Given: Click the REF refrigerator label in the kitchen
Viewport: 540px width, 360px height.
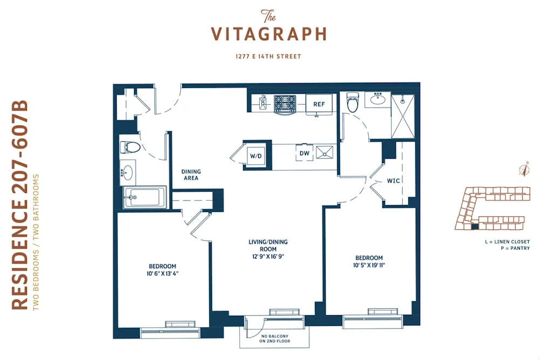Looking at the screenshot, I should coord(319,104).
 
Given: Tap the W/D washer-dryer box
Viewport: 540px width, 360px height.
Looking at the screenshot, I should coord(255,156).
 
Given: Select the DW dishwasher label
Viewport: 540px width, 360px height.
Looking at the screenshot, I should coord(304,153).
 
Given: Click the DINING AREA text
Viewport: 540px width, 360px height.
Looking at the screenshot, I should coord(191,175).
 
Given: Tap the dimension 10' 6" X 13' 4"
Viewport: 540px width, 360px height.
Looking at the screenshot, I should coord(163,274).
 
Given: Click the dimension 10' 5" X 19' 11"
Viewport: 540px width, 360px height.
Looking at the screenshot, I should coord(369,266).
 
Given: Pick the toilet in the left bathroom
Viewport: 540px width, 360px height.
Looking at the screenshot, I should coord(130,147).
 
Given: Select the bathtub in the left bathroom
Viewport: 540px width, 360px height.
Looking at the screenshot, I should coord(144,198).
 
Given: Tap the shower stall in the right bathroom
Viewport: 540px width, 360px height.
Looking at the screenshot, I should coord(403,117).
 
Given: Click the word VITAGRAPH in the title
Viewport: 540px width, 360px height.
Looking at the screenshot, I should coord(268,35).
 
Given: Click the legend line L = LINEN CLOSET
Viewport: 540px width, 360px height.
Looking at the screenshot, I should coord(507,241).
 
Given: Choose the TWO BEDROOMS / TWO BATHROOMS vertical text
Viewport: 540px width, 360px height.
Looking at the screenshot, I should coord(37,242).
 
